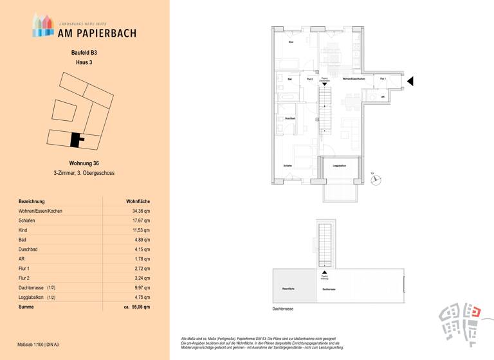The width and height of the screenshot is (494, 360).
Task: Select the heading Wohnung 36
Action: point(84,163)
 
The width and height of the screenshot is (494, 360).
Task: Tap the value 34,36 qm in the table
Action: point(140,211)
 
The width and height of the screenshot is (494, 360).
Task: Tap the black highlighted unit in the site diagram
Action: point(76,139)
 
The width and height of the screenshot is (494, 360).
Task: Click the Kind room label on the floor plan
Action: point(291,42)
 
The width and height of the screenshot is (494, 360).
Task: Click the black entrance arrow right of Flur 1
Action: point(410,80)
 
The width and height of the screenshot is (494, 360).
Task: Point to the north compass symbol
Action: point(378,181)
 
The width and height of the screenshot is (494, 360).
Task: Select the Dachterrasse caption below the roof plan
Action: point(283,309)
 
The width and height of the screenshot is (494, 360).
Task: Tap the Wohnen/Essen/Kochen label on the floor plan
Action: point(354,78)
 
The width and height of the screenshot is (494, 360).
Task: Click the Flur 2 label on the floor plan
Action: point(309,78)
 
